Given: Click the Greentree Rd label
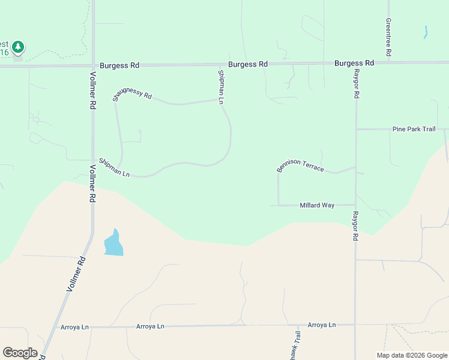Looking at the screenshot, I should (389, 37).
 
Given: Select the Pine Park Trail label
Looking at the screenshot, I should (413, 129).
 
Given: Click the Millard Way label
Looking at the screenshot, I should (317, 205).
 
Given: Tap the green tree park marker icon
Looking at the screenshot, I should (18, 47).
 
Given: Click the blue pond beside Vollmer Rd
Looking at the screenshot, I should (113, 244).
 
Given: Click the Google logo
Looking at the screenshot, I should (20, 353).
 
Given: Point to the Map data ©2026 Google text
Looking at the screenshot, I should (412, 355).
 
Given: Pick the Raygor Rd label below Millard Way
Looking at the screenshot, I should (355, 226).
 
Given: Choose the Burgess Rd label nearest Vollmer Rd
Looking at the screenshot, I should (119, 65).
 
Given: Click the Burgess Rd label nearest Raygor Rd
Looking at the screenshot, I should (354, 63).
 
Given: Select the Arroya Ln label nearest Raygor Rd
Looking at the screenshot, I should (322, 325).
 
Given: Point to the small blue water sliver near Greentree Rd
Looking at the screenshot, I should (426, 32).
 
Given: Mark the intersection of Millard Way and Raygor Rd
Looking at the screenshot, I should (355, 205).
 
